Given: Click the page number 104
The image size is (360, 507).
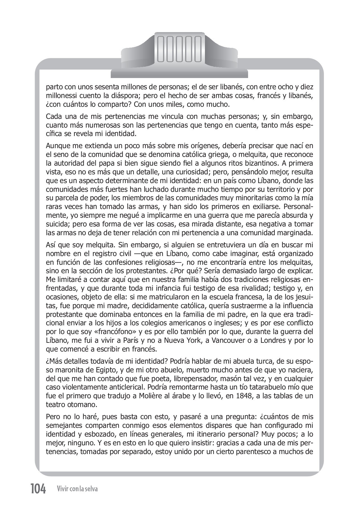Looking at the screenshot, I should click(38, 489).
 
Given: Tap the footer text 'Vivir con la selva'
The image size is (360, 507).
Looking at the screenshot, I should click(77, 489).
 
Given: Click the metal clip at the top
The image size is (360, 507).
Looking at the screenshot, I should click(179, 55).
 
